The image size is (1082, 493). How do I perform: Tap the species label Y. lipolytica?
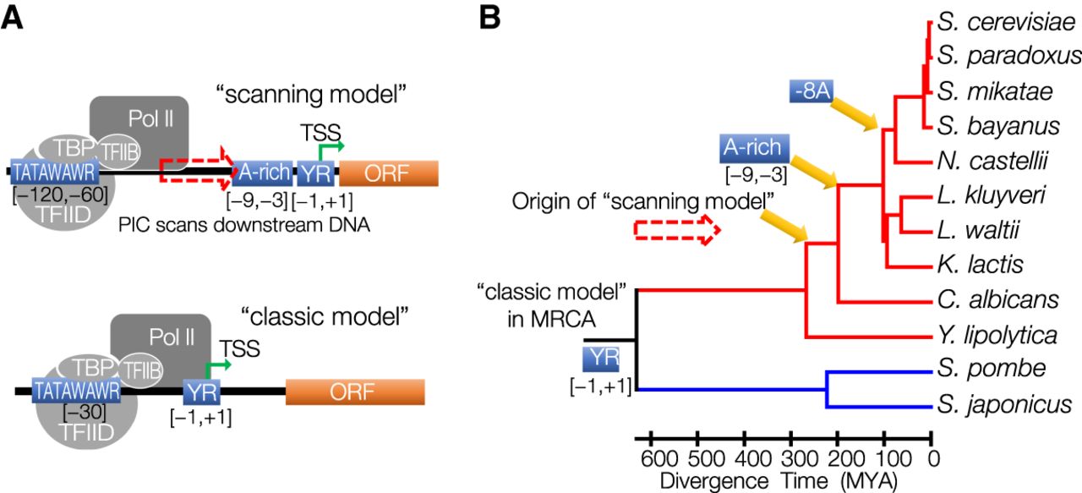coord(997,335)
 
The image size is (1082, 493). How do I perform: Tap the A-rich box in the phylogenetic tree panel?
coord(754,149)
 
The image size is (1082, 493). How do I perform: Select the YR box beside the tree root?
coord(601,359)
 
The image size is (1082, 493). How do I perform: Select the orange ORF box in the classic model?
coord(354,392)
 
